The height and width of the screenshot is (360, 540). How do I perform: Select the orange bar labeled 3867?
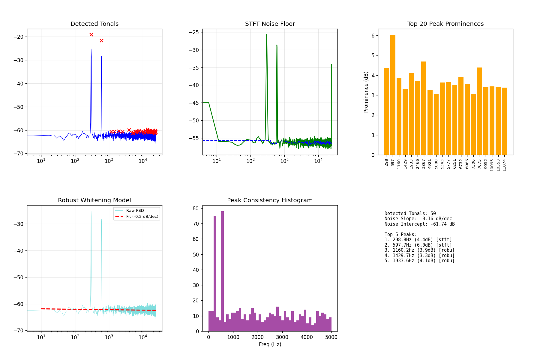coord(424,108)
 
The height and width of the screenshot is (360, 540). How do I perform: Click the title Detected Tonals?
coord(94,24)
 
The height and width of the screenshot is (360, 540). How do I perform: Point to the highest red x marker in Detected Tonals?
coord(91,35)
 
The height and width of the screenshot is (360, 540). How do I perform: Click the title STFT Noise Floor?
coord(270,24)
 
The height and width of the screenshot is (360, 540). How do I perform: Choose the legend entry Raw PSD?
coord(135,211)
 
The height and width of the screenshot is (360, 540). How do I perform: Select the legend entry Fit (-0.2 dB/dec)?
coord(142,217)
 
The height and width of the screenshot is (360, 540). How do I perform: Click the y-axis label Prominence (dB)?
coord(366,92)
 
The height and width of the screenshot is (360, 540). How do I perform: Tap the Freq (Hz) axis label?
coord(270,344)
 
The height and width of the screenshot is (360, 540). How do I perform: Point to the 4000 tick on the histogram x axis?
coord(307,337)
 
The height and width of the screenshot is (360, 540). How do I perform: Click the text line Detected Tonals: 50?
coord(410,214)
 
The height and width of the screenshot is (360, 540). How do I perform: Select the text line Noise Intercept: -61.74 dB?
coord(419,224)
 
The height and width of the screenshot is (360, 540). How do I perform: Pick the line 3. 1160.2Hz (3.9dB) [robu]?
coord(419,250)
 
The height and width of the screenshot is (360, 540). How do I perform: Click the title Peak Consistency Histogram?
coord(270,200)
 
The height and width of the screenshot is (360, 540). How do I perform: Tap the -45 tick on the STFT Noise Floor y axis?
coord(196,103)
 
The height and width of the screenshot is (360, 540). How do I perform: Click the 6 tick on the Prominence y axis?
coord(373,36)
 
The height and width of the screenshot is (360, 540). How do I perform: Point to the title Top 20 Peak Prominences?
coord(445,24)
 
